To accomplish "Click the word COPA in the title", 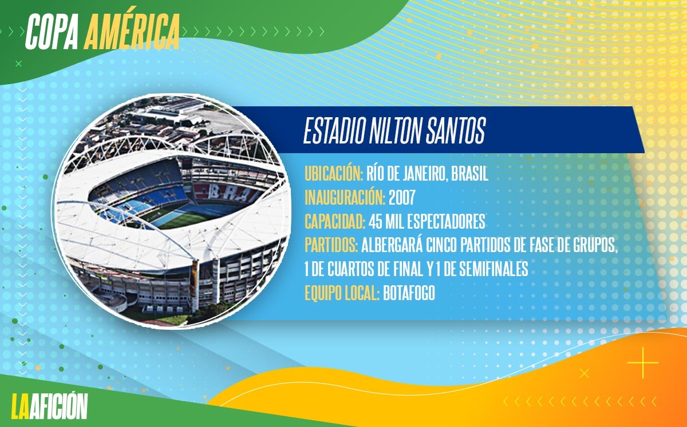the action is [52, 32].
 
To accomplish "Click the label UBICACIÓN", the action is [334, 174].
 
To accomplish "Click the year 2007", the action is [402, 198].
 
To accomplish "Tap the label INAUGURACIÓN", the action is [345, 198].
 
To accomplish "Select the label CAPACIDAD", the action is [334, 221].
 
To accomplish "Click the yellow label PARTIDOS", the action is [331, 245].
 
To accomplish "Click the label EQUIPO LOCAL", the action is [342, 293].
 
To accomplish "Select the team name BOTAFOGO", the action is [409, 293].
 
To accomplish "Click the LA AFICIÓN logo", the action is [50, 406].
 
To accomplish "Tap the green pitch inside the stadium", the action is [178, 220].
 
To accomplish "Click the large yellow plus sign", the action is [643, 362].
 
